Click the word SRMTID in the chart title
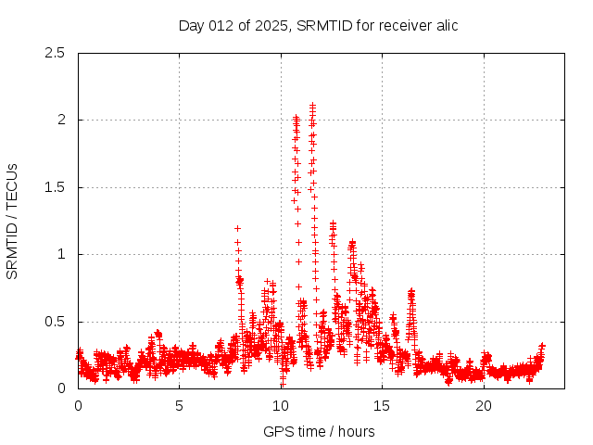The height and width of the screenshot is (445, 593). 322,25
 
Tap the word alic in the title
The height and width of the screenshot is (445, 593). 445,25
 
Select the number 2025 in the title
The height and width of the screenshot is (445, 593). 273,25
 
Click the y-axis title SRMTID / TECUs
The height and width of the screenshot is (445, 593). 13,221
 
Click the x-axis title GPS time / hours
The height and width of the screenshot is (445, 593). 319,431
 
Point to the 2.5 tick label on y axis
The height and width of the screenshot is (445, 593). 56,53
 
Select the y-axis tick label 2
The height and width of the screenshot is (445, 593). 61,120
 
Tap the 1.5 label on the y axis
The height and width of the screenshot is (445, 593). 56,187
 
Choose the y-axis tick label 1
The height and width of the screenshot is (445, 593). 61,254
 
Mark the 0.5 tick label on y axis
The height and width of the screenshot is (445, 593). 56,322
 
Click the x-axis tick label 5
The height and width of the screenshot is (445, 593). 180,406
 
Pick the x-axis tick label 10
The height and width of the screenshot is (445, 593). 281,406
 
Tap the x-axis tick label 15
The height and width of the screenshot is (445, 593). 383,406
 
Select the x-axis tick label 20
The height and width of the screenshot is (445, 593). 484,406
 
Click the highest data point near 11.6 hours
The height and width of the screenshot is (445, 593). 313,105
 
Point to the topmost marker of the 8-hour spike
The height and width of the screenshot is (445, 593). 237,228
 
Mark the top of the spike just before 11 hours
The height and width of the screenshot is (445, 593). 296,117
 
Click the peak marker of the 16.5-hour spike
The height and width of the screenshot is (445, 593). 411,290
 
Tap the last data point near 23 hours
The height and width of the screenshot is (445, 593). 542,346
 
